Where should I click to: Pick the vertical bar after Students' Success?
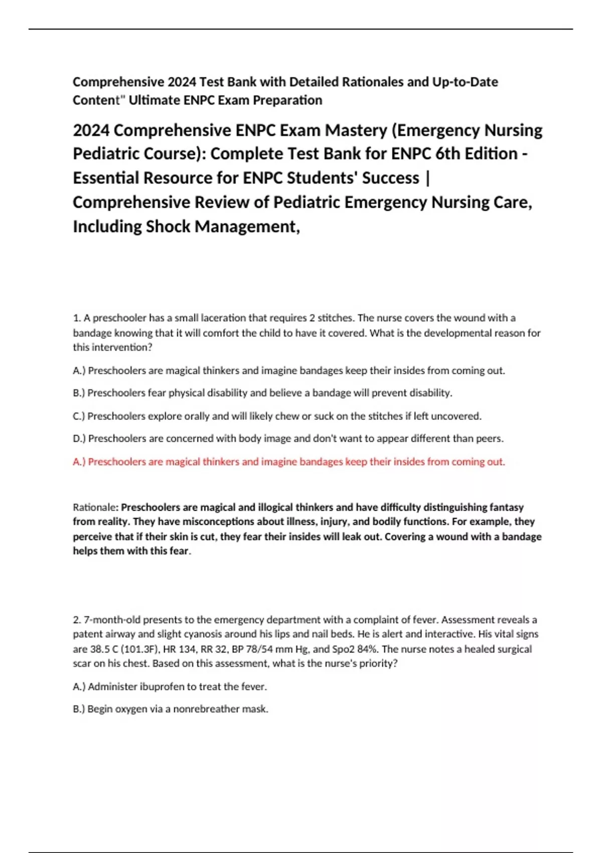(x=427, y=178)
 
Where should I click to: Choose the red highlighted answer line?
(x=289, y=462)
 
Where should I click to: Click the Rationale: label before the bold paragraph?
(x=96, y=507)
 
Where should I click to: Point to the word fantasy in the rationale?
(x=506, y=507)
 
